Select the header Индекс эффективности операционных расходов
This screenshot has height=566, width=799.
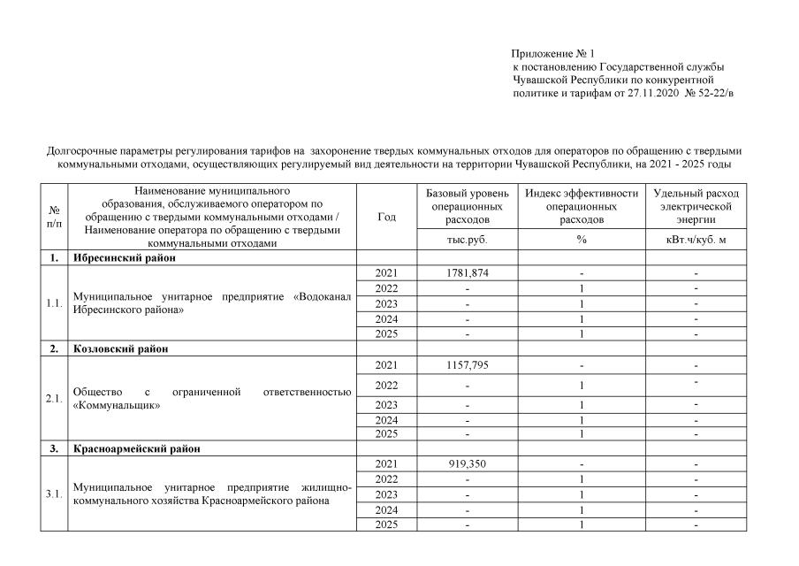tap(581, 206)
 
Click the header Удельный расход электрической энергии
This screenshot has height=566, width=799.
tap(696, 206)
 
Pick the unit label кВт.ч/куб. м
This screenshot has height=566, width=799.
tap(696, 240)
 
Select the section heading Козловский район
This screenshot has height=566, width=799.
tap(121, 348)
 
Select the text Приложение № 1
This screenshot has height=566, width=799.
tap(552, 54)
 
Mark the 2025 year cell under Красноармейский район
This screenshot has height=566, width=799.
tap(386, 525)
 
